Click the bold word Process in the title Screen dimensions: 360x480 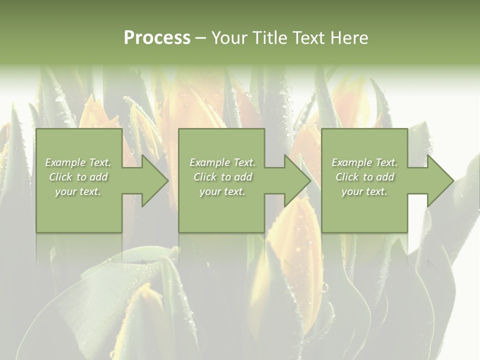coord(157,38)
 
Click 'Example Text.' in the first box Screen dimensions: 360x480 coord(78,162)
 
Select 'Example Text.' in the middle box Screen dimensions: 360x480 coord(222,162)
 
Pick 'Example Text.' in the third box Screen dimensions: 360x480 coord(364,162)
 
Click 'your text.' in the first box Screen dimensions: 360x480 coord(78,191)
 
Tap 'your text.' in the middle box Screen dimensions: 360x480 coord(222,191)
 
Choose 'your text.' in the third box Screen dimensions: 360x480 coord(364,191)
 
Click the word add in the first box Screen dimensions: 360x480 coord(98,177)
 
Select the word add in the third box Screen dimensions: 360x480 coord(385,177)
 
